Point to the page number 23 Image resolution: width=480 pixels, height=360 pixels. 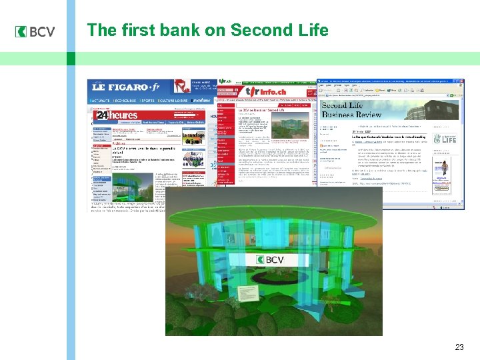point(459,347)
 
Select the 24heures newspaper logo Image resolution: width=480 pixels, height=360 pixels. point(116,116)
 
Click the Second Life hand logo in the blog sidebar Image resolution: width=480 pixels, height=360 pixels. point(446,139)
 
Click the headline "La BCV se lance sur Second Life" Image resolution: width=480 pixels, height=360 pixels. point(263,109)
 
